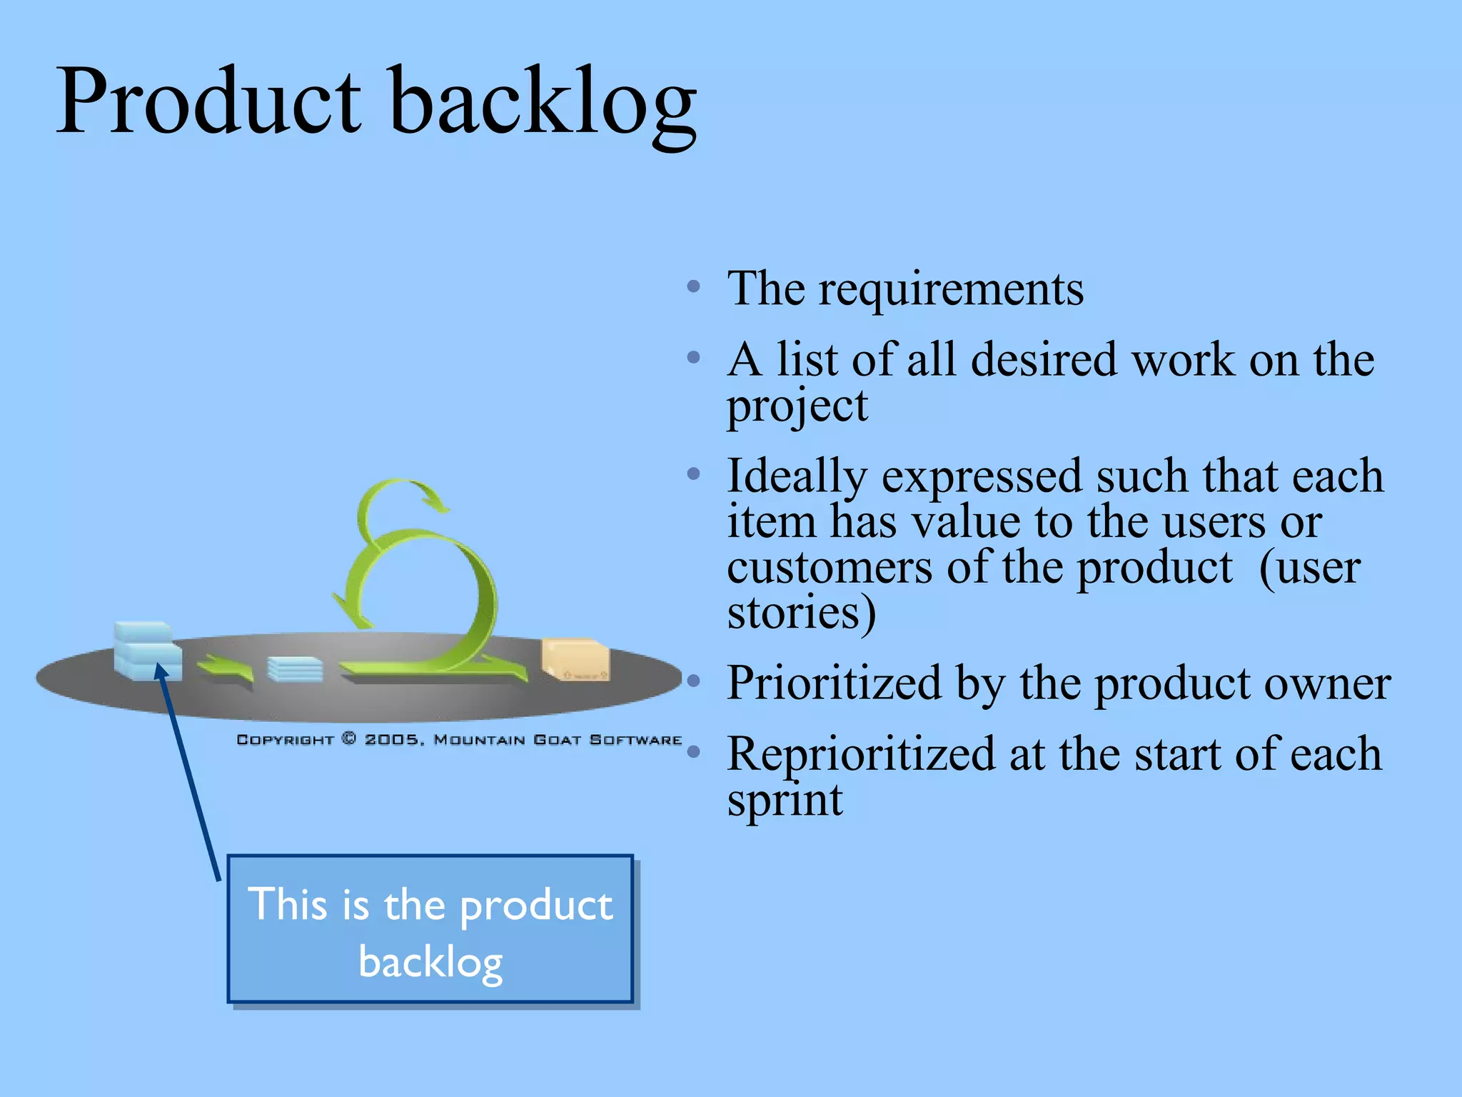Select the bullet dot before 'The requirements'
click(693, 287)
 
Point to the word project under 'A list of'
click(797, 406)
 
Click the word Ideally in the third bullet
click(797, 477)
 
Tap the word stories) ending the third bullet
click(801, 613)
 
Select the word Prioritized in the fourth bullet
click(834, 683)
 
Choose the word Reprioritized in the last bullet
click(860, 754)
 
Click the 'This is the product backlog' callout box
click(430, 928)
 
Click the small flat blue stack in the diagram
click(295, 669)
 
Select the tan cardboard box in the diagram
click(575, 658)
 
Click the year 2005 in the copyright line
click(392, 739)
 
